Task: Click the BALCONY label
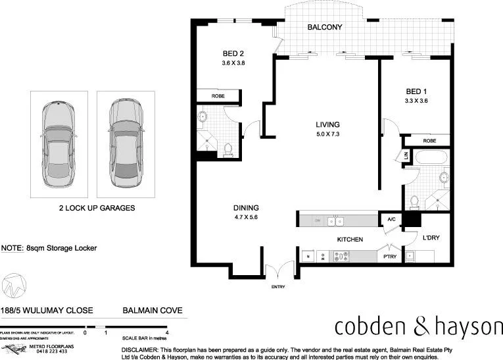325,28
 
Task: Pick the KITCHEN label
350,240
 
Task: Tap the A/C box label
391,220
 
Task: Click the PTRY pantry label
390,257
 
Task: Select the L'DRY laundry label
431,238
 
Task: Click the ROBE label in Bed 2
218,96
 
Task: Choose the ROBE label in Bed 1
429,141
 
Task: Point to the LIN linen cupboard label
406,157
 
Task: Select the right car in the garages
126,143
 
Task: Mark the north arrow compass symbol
15,285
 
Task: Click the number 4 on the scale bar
168,333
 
